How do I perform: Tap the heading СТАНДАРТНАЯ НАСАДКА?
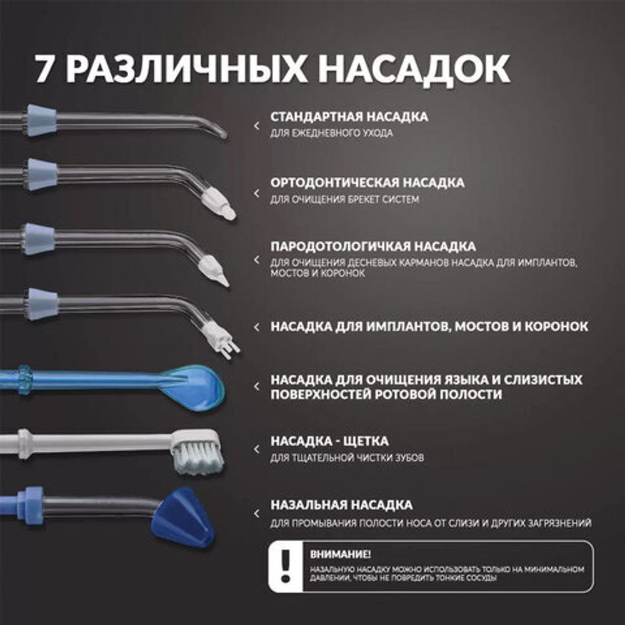click(x=349, y=117)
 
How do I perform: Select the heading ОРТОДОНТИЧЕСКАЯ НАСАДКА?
click(x=367, y=182)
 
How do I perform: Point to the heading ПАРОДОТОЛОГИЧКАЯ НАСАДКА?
click(x=372, y=246)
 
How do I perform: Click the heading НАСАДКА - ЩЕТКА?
click(x=329, y=441)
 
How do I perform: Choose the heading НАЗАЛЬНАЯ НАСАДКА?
click(x=341, y=504)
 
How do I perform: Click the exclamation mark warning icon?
click(x=286, y=566)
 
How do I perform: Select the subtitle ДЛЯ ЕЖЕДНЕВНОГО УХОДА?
click(x=331, y=134)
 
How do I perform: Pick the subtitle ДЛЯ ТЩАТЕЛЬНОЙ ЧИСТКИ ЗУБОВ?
click(x=347, y=458)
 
